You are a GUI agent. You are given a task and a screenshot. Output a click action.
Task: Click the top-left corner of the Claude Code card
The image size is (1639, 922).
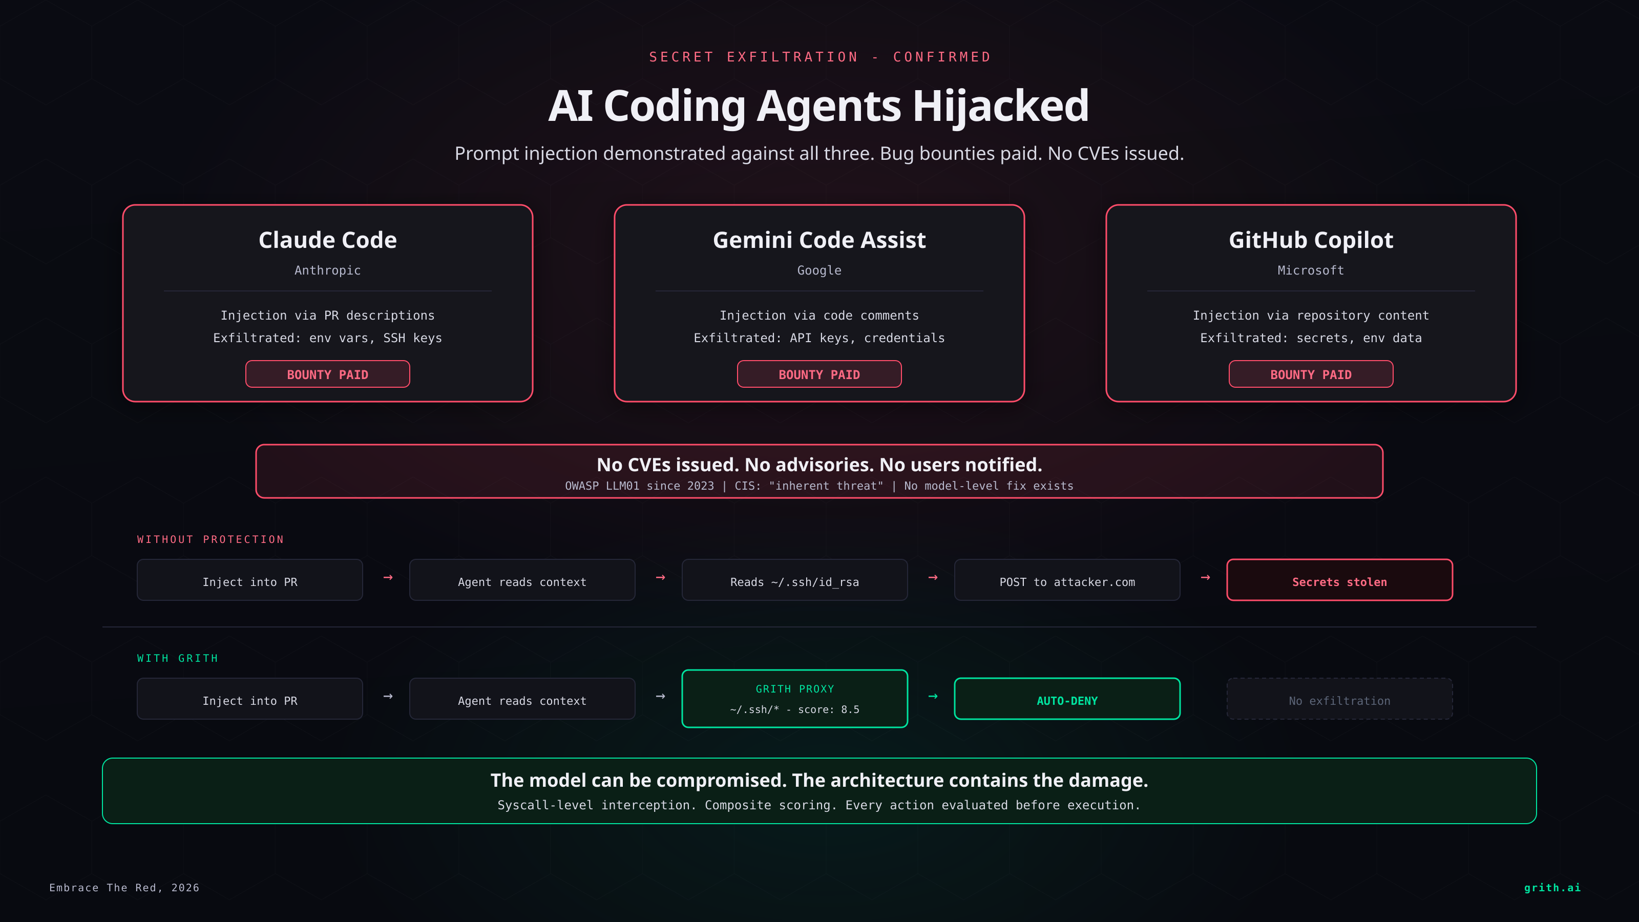pyautogui.click(x=123, y=205)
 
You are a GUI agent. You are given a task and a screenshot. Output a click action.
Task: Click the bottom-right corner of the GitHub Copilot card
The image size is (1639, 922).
pyautogui.click(x=1516, y=402)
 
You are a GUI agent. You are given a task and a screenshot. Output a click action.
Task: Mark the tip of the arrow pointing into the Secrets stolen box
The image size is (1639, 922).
pyautogui.click(x=1210, y=578)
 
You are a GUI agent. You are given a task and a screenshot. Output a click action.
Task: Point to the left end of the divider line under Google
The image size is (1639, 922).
pyautogui.click(x=656, y=291)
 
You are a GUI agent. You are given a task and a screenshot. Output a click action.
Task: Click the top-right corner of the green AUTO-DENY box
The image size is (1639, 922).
pyautogui.click(x=1180, y=678)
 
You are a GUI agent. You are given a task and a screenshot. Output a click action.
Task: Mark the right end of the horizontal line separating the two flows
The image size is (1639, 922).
pyautogui.click(x=1537, y=627)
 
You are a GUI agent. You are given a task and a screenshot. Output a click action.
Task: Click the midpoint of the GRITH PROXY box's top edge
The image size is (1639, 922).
pyautogui.click(x=795, y=670)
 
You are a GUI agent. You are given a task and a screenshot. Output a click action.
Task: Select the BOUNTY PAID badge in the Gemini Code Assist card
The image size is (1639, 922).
pyautogui.click(x=819, y=374)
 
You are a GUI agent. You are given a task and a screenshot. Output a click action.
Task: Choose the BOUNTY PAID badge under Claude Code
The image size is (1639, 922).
pyautogui.click(x=328, y=374)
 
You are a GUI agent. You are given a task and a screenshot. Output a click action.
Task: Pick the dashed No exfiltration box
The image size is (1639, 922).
pyautogui.click(x=1339, y=699)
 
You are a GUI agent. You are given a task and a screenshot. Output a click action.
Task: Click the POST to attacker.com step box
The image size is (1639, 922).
pyautogui.click(x=1067, y=580)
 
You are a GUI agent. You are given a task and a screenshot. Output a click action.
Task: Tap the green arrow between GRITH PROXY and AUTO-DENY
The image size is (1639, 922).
pyautogui.click(x=933, y=697)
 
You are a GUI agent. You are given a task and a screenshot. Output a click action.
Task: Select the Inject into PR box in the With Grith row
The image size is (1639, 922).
pyautogui.click(x=250, y=699)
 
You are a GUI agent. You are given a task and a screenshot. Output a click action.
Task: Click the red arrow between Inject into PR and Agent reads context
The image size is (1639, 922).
pyautogui.click(x=388, y=578)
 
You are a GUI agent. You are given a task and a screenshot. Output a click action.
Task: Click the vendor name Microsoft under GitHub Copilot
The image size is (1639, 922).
pyautogui.click(x=1311, y=270)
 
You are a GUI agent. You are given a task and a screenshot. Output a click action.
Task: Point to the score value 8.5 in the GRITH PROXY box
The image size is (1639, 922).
pyautogui.click(x=850, y=709)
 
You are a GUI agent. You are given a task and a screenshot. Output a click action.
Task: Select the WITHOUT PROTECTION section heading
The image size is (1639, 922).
pyautogui.click(x=211, y=539)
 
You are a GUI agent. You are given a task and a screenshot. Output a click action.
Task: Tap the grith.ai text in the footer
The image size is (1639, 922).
pyautogui.click(x=1552, y=888)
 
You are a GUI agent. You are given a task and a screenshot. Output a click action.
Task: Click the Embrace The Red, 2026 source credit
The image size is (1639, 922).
pyautogui.click(x=124, y=888)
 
